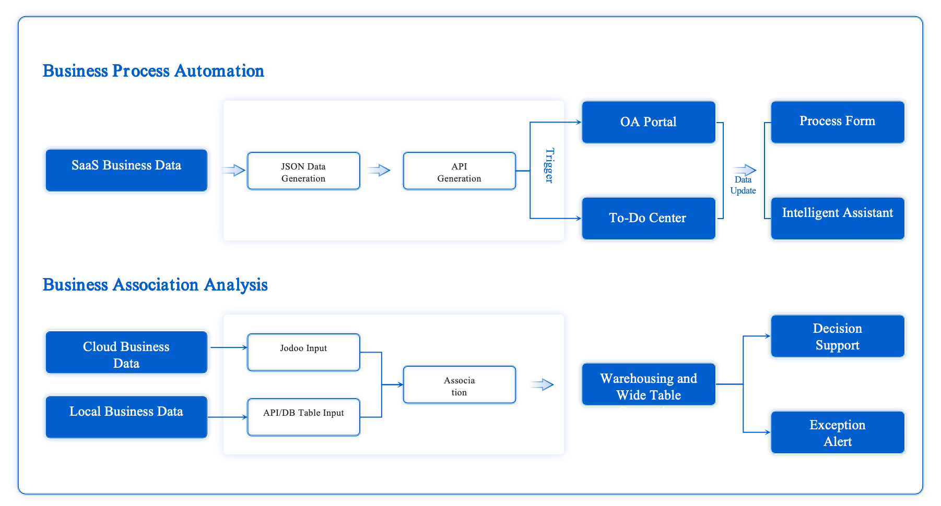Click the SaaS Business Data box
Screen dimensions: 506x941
(126, 171)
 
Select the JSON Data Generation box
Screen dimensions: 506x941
(303, 171)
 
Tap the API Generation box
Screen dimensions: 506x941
(459, 171)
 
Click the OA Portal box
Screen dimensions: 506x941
(649, 122)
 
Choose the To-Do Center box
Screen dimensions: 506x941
(649, 218)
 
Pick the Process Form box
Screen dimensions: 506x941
(837, 122)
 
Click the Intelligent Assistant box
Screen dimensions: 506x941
(837, 218)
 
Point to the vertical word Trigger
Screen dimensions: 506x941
(549, 165)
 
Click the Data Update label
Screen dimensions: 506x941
(743, 185)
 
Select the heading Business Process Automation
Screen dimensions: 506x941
(153, 71)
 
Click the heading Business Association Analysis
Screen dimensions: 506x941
(155, 285)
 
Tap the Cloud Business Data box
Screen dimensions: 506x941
(126, 353)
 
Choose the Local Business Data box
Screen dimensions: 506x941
(126, 417)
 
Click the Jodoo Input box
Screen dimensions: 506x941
(303, 353)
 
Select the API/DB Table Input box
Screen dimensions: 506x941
(303, 417)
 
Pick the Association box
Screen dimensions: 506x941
(459, 385)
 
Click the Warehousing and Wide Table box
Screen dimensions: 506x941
(649, 385)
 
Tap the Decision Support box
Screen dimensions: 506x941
(837, 336)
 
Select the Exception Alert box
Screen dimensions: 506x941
(837, 432)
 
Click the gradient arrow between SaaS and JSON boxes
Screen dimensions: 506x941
(233, 170)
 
